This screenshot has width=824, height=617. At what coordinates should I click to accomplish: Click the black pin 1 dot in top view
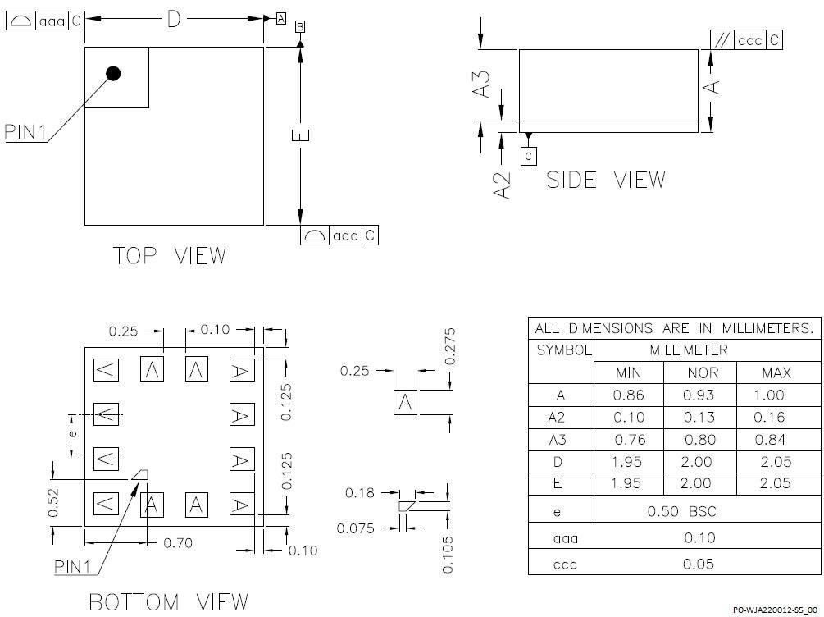(113, 74)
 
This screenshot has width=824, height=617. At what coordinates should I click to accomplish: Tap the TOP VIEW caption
(169, 256)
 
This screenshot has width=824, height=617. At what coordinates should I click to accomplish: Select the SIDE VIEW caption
(605, 180)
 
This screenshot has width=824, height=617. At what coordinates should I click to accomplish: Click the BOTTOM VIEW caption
(167, 602)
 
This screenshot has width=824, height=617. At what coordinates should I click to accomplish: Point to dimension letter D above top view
(173, 19)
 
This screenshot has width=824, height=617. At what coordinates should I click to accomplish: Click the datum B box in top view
(300, 28)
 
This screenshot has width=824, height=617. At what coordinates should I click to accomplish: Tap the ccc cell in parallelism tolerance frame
(749, 40)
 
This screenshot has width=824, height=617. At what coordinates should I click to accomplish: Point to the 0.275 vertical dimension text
(449, 347)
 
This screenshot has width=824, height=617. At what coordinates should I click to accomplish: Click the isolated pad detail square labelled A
(405, 403)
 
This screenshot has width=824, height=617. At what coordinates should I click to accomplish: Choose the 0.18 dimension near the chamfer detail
(359, 493)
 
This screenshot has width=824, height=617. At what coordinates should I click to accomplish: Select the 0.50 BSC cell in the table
(681, 511)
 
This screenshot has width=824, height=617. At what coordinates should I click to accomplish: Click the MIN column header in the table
(628, 373)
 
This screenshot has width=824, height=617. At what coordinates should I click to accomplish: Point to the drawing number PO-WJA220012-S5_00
(775, 609)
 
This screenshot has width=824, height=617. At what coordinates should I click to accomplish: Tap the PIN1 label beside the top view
(25, 132)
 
